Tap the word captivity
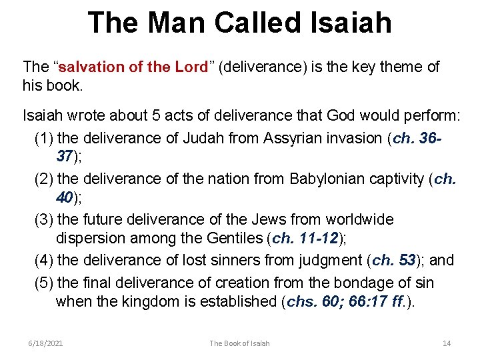pos(405,179)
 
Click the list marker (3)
pos(45,219)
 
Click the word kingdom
pos(143,301)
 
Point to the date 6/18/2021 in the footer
pos(46,343)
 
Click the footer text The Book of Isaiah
pos(239,343)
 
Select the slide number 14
pos(447,343)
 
